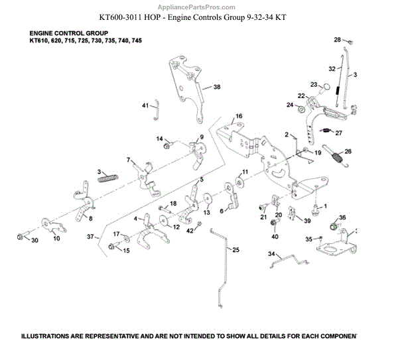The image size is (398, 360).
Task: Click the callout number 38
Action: tap(216, 87)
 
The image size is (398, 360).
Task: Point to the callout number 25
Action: tap(236, 249)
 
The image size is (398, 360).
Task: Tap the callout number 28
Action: tap(337, 40)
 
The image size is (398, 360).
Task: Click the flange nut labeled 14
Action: tap(169, 143)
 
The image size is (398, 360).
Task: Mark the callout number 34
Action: tap(271, 253)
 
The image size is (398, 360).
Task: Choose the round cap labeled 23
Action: tap(326, 86)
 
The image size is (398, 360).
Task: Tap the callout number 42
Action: tap(189, 230)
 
